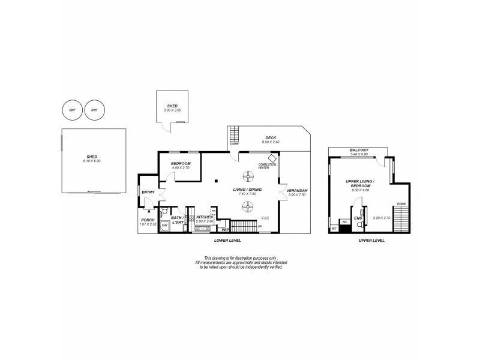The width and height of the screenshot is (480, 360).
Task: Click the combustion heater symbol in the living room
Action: coord(272,158)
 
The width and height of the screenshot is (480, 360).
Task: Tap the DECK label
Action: coord(271,137)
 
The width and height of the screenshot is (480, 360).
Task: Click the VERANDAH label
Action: coord(297,190)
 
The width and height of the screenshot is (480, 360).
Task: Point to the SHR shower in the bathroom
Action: coord(164,225)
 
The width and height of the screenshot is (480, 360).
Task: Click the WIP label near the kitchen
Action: coord(226,229)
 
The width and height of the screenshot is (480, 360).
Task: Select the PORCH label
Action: coord(148,220)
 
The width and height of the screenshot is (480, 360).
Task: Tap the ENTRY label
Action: coord(148,192)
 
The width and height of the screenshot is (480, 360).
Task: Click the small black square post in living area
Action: coord(215,181)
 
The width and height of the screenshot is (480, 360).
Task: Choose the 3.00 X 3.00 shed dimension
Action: coord(172,110)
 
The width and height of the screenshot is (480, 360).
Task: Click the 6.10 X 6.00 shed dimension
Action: coord(92,161)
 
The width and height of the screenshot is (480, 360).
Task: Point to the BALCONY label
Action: coord(360,150)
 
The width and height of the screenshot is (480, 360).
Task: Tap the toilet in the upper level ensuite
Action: coord(359,226)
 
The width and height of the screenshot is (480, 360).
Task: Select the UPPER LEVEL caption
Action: coord(371,240)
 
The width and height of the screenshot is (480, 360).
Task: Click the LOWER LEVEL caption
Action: coord(227,240)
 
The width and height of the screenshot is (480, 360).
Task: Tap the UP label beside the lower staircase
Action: coord(259,227)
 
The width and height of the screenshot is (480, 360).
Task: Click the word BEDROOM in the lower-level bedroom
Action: coord(181,164)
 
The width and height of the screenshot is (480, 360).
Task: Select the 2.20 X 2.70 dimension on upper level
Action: coord(382,217)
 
